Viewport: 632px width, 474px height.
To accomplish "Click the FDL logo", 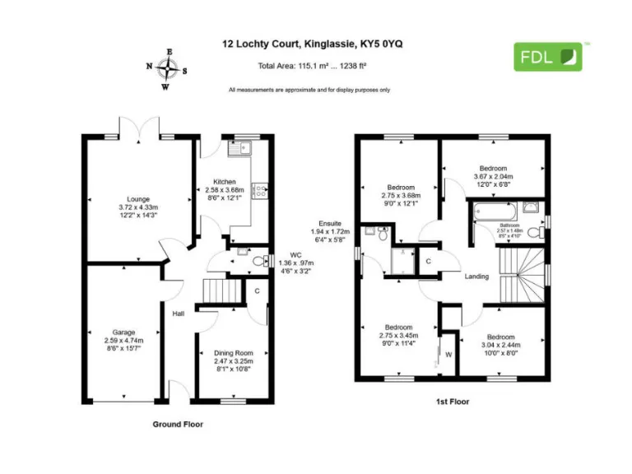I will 548,56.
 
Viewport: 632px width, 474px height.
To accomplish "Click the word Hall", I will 178,314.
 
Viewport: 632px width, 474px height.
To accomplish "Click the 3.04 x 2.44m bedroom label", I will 500,343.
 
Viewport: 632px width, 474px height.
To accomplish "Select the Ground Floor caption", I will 178,425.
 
